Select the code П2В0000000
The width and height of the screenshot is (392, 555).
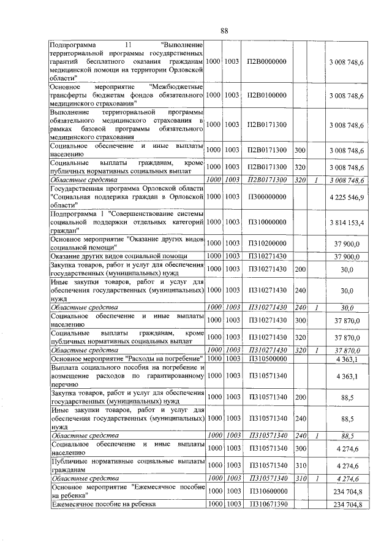click(267, 63)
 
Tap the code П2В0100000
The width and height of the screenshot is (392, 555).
click(267, 96)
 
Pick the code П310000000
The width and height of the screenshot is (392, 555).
click(267, 221)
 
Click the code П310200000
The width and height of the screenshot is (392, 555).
click(267, 243)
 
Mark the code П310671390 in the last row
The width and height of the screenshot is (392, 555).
click(267, 504)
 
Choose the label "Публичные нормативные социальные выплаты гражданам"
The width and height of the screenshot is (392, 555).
click(127, 465)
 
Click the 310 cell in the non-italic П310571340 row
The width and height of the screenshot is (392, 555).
click(300, 465)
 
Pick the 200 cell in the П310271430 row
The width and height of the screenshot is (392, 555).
click(300, 268)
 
